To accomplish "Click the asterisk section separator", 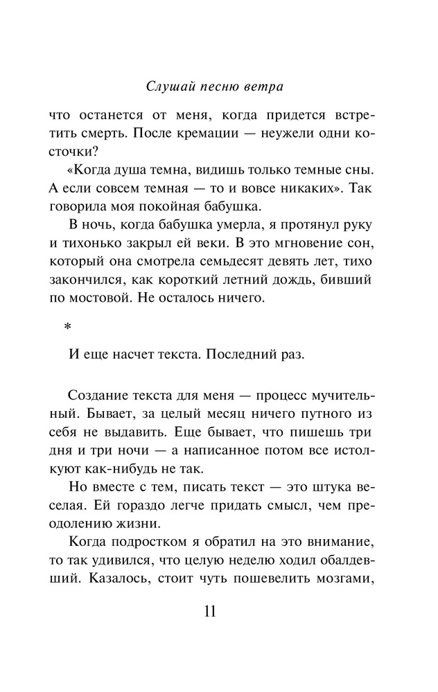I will coord(67,327).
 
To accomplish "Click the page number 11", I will coord(211,631).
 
